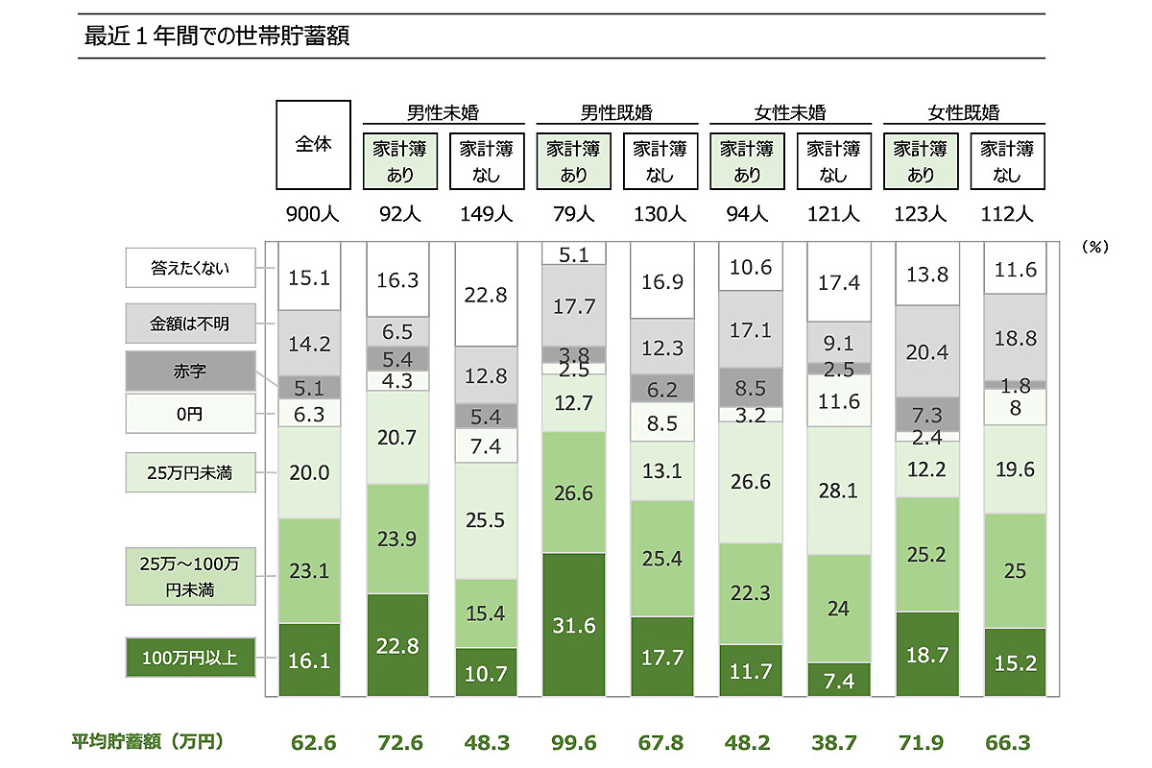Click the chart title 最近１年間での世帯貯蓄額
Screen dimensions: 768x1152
[x=216, y=36]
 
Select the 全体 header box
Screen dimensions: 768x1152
[x=313, y=145]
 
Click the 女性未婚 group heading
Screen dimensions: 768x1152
[x=789, y=112]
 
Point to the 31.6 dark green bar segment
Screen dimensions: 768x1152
[x=574, y=624]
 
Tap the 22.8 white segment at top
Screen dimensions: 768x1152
[x=487, y=296]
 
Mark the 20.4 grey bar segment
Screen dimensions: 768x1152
[x=926, y=352]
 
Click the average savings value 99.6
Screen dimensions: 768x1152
[x=574, y=742]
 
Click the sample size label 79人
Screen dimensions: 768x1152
[x=574, y=214]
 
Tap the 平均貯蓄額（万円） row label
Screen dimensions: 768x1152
[x=148, y=741]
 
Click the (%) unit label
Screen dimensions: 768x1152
[x=1094, y=247]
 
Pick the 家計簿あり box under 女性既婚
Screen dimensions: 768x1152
[x=921, y=161]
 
